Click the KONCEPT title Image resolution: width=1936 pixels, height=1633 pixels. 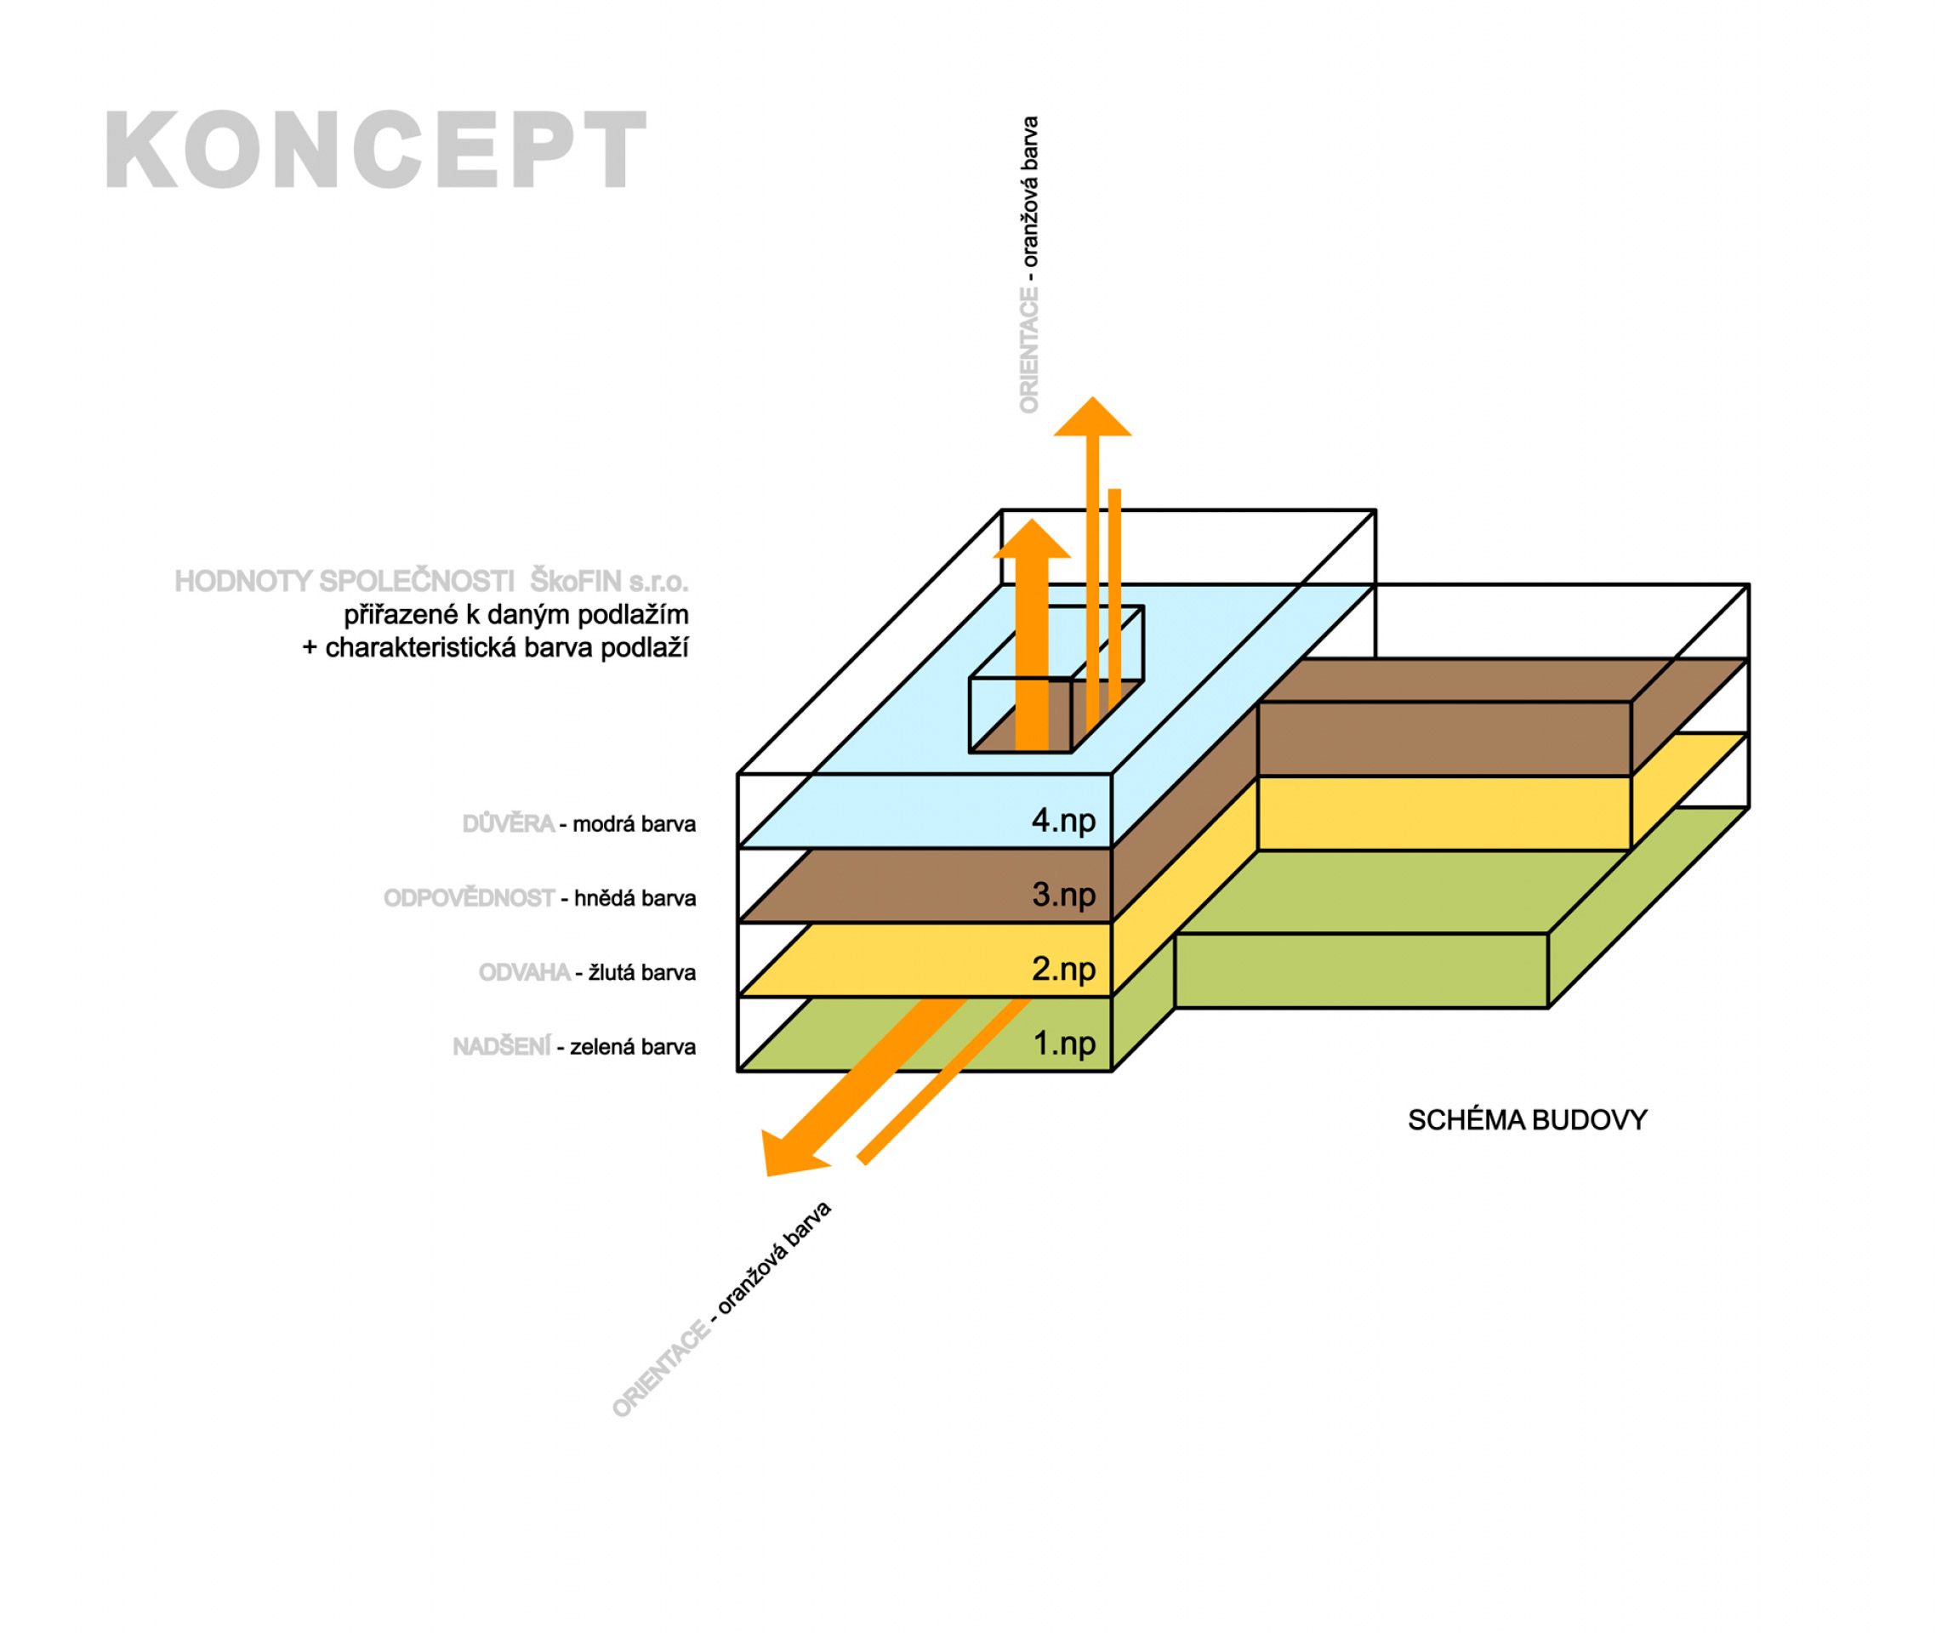375,150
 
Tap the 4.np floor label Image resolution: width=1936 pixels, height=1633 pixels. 1063,820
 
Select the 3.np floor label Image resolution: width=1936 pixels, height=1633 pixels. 1063,894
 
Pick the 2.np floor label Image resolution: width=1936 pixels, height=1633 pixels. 1063,970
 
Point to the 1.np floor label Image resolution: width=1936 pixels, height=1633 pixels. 1063,1044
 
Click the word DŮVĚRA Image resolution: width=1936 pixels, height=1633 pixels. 507,824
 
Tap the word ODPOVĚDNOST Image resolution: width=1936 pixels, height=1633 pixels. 469,898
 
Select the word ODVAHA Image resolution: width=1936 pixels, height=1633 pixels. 524,972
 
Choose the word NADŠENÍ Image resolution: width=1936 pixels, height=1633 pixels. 501,1047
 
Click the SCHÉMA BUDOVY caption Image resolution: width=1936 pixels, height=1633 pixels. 1527,1120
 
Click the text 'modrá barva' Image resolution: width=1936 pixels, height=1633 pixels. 634,824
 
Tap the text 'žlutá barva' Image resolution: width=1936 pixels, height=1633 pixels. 641,972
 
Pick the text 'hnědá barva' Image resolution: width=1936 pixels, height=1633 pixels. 635,898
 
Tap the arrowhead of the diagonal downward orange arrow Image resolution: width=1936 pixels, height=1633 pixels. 783,1158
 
